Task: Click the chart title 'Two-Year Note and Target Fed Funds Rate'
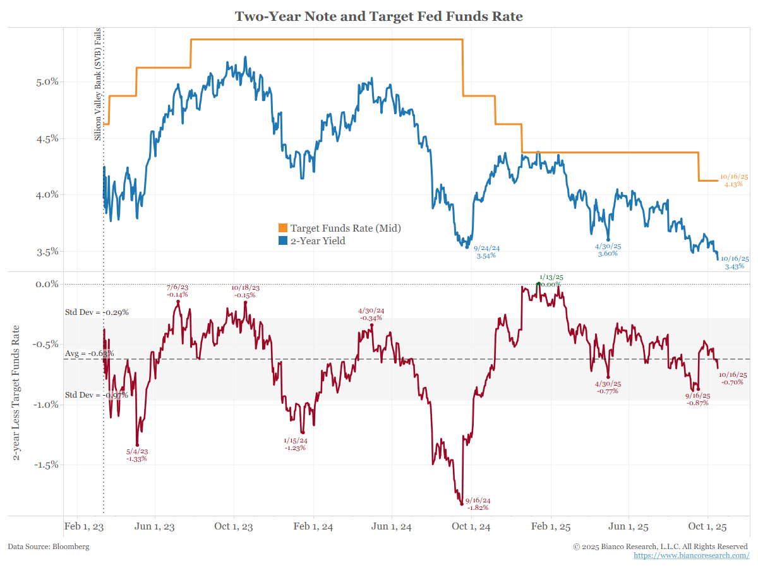pyautogui.click(x=379, y=16)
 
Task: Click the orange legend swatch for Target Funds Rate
pyautogui.click(x=283, y=228)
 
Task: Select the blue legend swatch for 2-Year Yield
pyautogui.click(x=283, y=240)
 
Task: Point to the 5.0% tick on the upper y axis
pyautogui.click(x=45, y=81)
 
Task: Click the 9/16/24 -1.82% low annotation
pyautogui.click(x=478, y=504)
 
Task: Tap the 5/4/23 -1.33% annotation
pyautogui.click(x=136, y=455)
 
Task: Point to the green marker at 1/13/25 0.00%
pyautogui.click(x=538, y=284)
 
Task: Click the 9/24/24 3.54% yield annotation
pyautogui.click(x=486, y=252)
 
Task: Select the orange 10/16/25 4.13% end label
pyautogui.click(x=733, y=180)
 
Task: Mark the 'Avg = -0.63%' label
pyautogui.click(x=89, y=353)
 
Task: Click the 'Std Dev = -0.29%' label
pyautogui.click(x=97, y=312)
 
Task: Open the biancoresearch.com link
pyautogui.click(x=691, y=555)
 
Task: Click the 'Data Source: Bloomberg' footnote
pyautogui.click(x=49, y=547)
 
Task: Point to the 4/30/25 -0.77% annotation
pyautogui.click(x=608, y=388)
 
